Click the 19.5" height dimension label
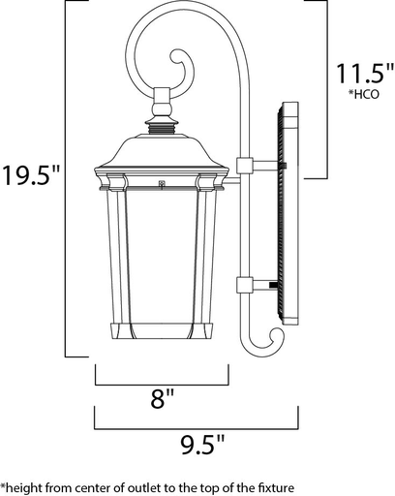(31, 176)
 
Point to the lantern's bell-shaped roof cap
(161, 155)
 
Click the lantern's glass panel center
(161, 257)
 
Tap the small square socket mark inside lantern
(161, 182)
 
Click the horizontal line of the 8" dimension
(161, 372)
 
